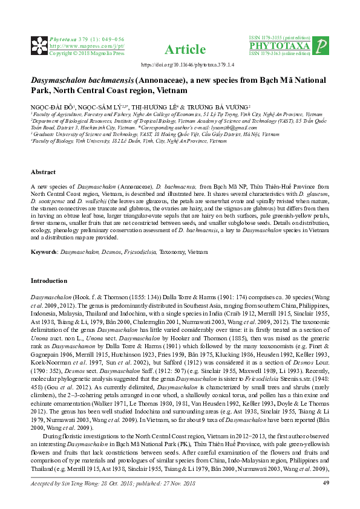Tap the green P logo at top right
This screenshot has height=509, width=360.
(322, 46)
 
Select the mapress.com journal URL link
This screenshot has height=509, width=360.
(87, 45)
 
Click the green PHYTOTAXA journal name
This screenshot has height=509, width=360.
(280, 46)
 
